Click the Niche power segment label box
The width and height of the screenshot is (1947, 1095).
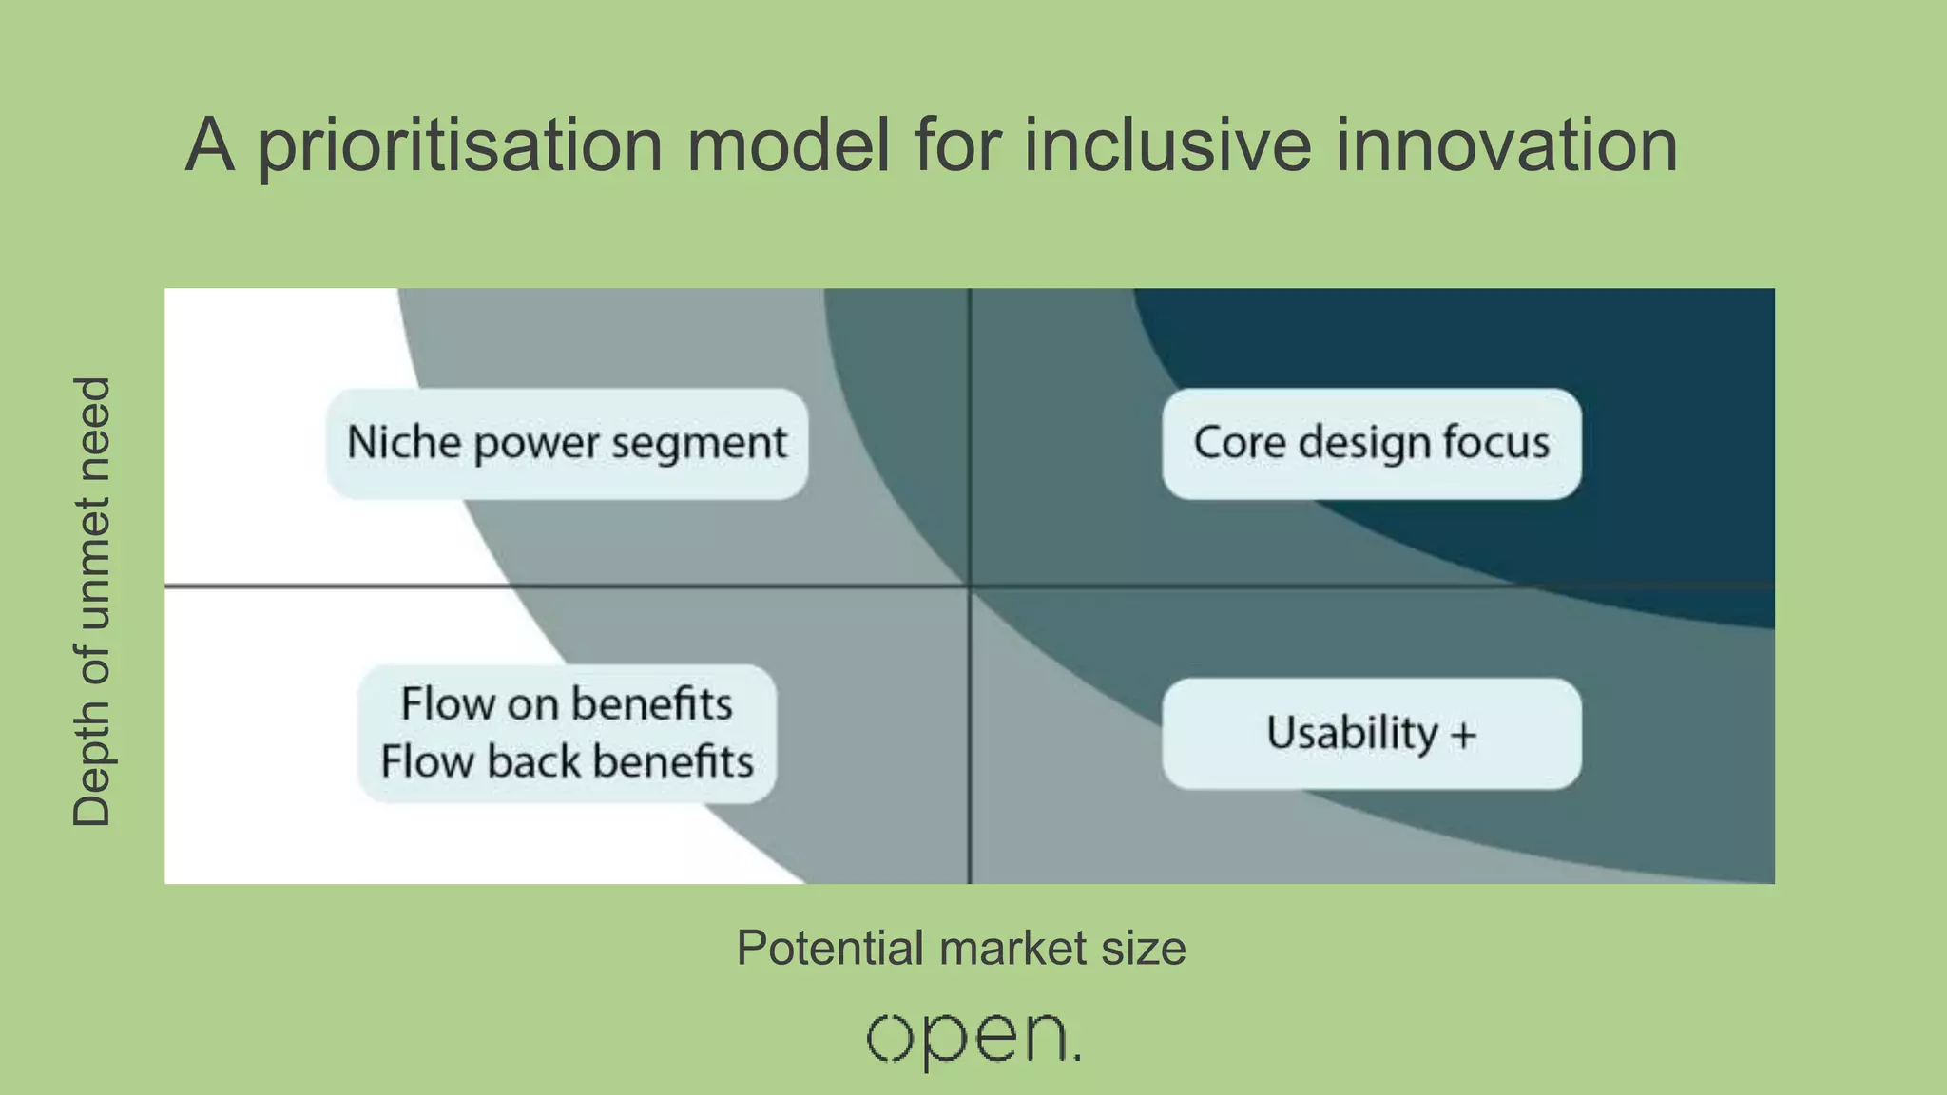[x=568, y=444]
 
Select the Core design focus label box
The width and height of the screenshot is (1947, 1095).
[x=1371, y=444]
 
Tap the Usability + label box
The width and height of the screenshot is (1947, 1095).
[x=1371, y=733]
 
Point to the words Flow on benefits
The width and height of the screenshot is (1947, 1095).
[x=567, y=704]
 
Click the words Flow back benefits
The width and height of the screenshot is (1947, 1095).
[x=567, y=762]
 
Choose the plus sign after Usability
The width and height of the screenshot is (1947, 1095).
[x=1464, y=735]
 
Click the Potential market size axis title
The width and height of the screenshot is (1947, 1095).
[x=961, y=948]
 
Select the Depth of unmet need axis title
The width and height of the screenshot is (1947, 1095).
[x=92, y=602]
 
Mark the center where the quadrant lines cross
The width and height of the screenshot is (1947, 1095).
[x=970, y=586]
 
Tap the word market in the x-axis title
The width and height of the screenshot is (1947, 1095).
[x=1012, y=948]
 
